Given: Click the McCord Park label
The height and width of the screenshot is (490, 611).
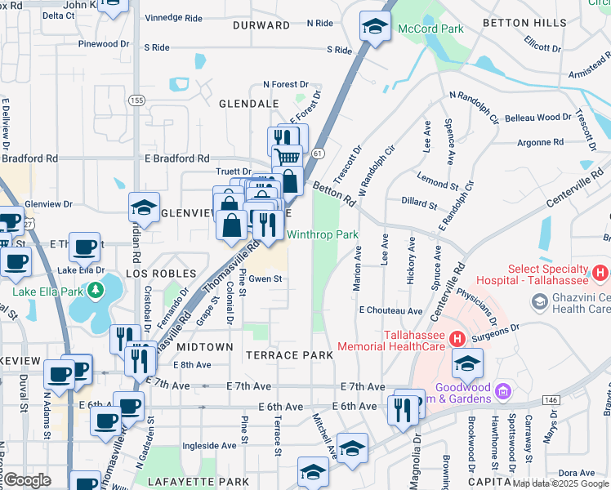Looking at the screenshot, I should click(x=430, y=29).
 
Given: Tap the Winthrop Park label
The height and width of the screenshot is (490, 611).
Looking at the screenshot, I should click(x=323, y=235).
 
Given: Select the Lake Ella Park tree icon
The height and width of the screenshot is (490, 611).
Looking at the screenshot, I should click(x=96, y=290).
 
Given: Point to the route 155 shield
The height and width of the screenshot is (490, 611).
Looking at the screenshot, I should click(x=136, y=100).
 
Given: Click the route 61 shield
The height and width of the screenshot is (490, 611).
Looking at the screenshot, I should click(x=317, y=153).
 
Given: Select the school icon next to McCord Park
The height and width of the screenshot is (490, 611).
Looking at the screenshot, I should click(x=375, y=27).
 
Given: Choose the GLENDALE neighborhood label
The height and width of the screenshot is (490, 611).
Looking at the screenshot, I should click(x=248, y=104).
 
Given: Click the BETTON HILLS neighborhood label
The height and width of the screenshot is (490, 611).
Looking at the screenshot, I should click(x=524, y=22).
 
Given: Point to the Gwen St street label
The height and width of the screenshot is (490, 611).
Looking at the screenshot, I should click(x=265, y=278).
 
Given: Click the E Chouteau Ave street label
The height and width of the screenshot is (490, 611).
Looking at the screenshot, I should click(x=390, y=311).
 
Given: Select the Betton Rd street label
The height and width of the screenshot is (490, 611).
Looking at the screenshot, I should click(x=334, y=194).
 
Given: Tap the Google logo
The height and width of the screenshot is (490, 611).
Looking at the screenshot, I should click(x=27, y=480).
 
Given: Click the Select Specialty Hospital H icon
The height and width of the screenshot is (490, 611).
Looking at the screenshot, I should click(x=600, y=271).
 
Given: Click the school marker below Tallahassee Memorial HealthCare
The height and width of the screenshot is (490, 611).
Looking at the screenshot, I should click(x=467, y=363).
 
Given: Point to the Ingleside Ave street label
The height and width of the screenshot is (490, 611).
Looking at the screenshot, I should click(x=209, y=446).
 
